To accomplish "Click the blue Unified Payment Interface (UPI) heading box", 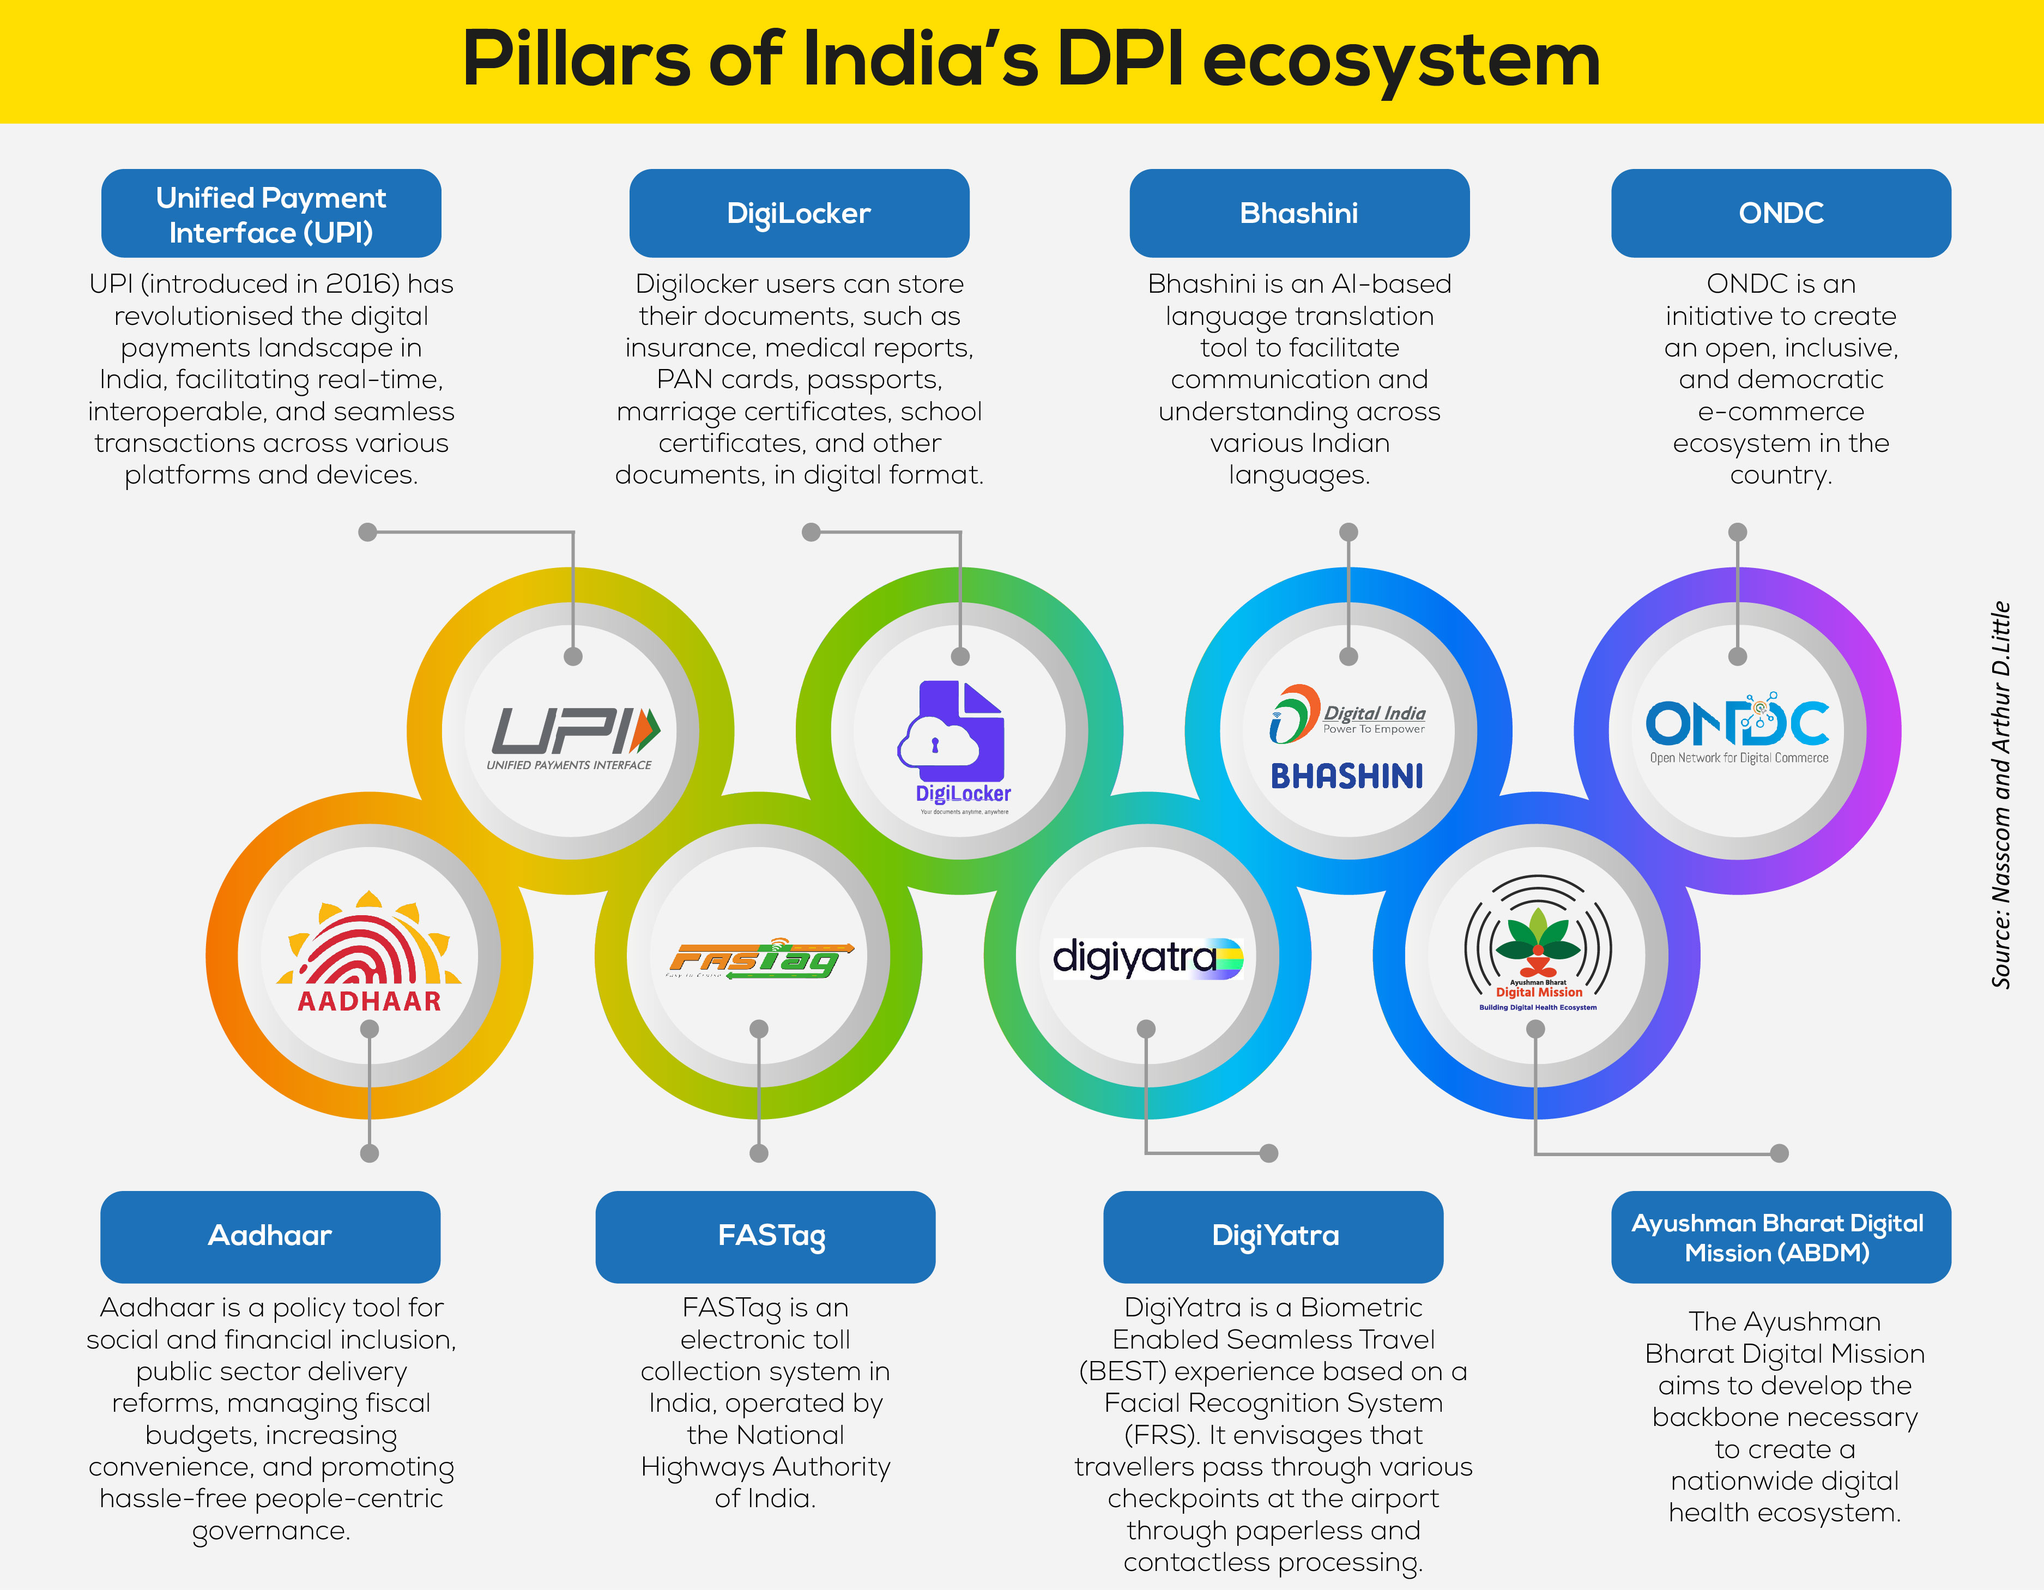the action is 271,213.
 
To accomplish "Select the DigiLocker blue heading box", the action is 799,213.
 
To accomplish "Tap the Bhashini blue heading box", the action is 1299,213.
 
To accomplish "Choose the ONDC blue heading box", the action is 1781,213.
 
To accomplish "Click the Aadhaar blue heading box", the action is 270,1236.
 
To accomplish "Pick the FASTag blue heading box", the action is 766,1236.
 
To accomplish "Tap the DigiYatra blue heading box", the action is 1274,1236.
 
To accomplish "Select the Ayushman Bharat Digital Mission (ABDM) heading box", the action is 1781,1236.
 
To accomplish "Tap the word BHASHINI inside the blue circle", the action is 1347,776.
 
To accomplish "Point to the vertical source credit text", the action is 2000,795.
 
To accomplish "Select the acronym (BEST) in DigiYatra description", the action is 1122,1372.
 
